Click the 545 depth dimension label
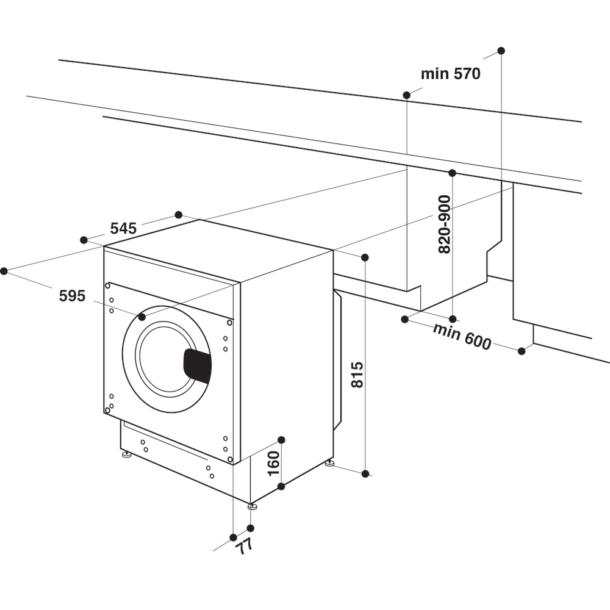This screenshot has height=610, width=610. click(x=123, y=229)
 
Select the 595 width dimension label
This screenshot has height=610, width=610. click(x=72, y=296)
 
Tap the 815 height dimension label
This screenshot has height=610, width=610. click(x=357, y=375)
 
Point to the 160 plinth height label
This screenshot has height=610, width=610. click(x=273, y=463)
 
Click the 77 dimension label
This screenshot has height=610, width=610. click(x=245, y=545)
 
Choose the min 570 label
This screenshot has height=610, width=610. click(x=451, y=74)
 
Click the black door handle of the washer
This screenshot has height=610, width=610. click(x=198, y=366)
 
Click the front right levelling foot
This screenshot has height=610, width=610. click(x=251, y=506)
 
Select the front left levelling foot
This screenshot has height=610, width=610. click(x=127, y=454)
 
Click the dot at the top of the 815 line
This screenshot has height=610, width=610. click(x=365, y=257)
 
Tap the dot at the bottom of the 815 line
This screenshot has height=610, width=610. click(x=365, y=473)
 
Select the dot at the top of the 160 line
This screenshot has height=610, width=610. click(x=281, y=440)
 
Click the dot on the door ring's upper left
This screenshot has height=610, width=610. click(x=142, y=317)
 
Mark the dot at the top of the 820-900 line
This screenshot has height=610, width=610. click(x=452, y=173)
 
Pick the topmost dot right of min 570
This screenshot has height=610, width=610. click(x=501, y=50)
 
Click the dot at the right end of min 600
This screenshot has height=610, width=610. click(x=522, y=351)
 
